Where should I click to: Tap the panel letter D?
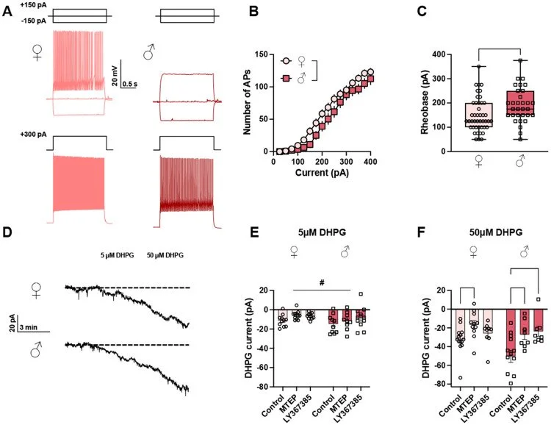(x=9, y=235)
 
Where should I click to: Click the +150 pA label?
(x=20, y=6)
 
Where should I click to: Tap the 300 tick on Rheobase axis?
(x=433, y=79)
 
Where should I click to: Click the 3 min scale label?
(x=29, y=326)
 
